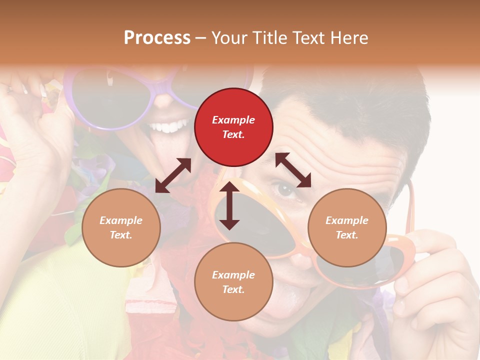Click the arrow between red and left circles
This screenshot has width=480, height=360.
click(173, 175)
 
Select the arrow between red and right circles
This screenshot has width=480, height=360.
click(293, 170)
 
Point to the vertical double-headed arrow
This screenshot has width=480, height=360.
click(229, 205)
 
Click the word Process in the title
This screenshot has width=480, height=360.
click(157, 37)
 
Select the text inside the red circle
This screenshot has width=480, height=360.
click(233, 127)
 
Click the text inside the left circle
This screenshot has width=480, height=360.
click(121, 227)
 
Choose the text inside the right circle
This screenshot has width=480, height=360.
click(347, 227)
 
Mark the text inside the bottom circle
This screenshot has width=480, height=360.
click(233, 282)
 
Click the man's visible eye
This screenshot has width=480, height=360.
click(285, 190)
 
